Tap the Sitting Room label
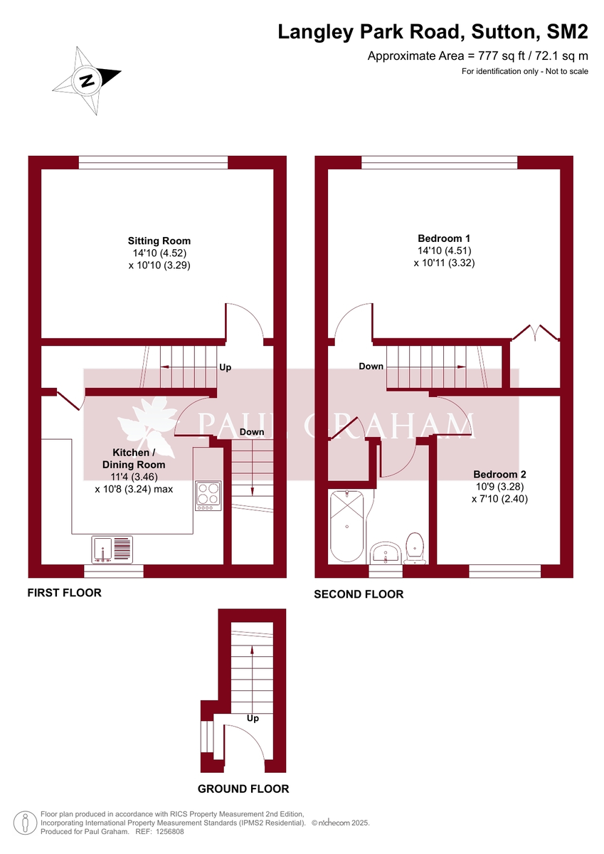pyautogui.click(x=159, y=241)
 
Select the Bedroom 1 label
pyautogui.click(x=444, y=238)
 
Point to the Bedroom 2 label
pyautogui.click(x=499, y=474)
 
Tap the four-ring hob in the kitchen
pyautogui.click(x=208, y=497)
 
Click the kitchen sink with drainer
pyautogui.click(x=112, y=549)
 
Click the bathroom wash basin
pyautogui.click(x=386, y=553)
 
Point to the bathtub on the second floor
pyautogui.click(x=346, y=525)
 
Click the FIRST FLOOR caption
pyautogui.click(x=64, y=592)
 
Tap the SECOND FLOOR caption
pyautogui.click(x=359, y=594)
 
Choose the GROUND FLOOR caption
pyautogui.click(x=243, y=789)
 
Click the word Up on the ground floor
pyautogui.click(x=253, y=718)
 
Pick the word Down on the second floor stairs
pyautogui.click(x=371, y=367)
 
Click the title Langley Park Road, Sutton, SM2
pyautogui.click(x=433, y=32)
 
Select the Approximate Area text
pyautogui.click(x=477, y=56)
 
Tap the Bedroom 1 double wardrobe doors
pyautogui.click(x=534, y=333)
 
